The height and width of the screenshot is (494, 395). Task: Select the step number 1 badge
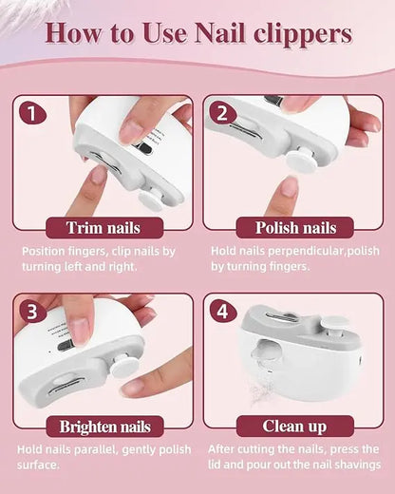[33, 115]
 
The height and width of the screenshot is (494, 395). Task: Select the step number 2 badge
[224, 115]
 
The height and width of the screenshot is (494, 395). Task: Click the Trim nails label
[104, 228]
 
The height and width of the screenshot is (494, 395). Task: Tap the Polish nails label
[294, 228]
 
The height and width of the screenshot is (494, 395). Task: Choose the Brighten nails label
[104, 427]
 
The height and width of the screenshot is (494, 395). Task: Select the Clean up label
[294, 427]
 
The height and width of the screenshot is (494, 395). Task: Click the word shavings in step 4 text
[349, 465]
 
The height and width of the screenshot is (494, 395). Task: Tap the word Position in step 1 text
[47, 252]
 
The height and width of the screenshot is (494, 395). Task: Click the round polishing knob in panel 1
[148, 199]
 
